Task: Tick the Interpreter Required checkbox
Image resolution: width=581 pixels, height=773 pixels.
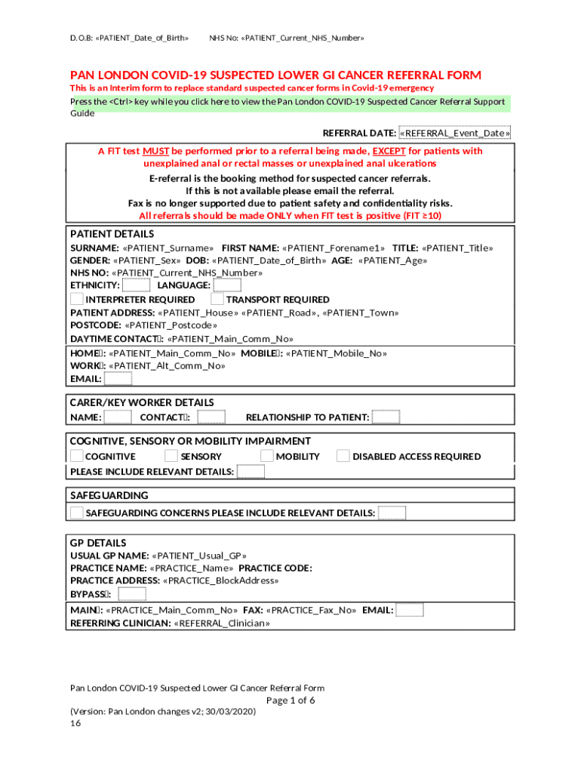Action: click(x=77, y=299)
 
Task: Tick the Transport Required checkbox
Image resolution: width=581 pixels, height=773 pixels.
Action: click(x=217, y=299)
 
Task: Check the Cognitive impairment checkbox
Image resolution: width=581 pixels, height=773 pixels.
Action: click(x=77, y=456)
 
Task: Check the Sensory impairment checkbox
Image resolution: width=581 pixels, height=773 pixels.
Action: click(x=171, y=456)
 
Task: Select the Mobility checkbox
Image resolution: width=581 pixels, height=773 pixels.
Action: click(x=266, y=456)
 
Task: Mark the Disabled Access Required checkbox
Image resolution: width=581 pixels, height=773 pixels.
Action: click(x=343, y=456)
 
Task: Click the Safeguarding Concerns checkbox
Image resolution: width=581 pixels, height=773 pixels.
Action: click(x=77, y=513)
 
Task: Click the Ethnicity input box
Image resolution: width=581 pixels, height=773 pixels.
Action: click(x=136, y=285)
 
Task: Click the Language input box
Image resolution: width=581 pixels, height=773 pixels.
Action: click(x=227, y=285)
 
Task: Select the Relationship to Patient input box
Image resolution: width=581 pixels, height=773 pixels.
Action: click(x=386, y=417)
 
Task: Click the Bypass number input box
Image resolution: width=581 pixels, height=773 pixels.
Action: click(x=132, y=593)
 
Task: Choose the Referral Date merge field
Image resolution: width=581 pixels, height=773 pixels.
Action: click(x=455, y=134)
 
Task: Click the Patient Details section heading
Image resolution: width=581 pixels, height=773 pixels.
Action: click(x=112, y=234)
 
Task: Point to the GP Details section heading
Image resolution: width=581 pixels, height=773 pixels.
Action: click(x=98, y=543)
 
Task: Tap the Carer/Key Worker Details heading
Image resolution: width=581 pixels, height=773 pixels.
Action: click(x=142, y=402)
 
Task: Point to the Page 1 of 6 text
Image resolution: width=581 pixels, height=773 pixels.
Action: click(x=290, y=700)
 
